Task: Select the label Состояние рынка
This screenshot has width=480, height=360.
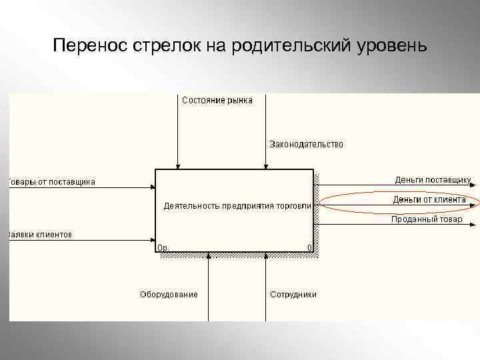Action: tap(217, 101)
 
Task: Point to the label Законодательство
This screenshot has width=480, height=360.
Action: tap(306, 144)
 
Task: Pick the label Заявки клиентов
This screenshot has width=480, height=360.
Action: tap(40, 235)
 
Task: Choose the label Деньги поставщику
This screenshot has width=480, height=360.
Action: tap(433, 179)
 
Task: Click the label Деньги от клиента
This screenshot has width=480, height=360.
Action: tap(429, 199)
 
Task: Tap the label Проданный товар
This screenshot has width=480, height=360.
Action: tap(427, 219)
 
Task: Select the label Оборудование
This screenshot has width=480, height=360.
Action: tap(169, 294)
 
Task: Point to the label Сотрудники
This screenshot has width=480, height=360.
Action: tap(293, 294)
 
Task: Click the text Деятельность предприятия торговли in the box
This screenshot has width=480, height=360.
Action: tap(237, 205)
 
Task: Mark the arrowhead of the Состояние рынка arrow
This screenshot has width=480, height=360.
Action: tap(177, 166)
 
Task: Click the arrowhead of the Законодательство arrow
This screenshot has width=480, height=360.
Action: tap(265, 166)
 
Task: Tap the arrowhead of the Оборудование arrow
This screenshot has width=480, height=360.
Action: tap(209, 255)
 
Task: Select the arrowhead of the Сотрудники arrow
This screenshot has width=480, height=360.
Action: tap(265, 255)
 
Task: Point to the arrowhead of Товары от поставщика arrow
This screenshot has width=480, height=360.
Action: tap(152, 187)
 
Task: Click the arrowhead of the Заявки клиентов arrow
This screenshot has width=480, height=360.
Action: tap(152, 239)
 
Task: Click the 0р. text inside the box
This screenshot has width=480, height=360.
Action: tap(163, 247)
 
